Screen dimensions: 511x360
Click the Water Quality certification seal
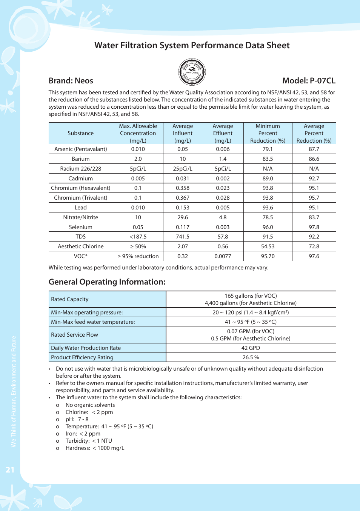(192, 72)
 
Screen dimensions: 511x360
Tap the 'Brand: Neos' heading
(71, 81)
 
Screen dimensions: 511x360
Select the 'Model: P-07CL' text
(309, 81)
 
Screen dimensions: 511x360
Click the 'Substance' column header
(80, 133)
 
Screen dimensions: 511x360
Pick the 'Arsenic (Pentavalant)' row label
(80, 149)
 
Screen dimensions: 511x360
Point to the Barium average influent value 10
(183, 159)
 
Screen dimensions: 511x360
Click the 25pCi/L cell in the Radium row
(183, 169)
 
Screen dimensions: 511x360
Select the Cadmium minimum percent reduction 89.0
(268, 179)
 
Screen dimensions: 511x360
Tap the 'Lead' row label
(80, 208)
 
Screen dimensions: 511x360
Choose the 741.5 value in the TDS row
(183, 237)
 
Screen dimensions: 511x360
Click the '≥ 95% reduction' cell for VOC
(138, 256)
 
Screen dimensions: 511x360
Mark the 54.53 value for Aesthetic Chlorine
(268, 246)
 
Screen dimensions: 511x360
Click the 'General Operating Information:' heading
(107, 282)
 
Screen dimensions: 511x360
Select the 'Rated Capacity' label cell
(70, 299)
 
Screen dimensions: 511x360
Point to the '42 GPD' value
(251, 348)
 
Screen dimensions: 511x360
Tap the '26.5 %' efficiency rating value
(251, 357)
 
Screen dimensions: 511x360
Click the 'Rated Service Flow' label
(74, 335)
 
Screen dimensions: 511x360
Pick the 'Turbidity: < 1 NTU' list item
(89, 441)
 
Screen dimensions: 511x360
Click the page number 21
(10, 470)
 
